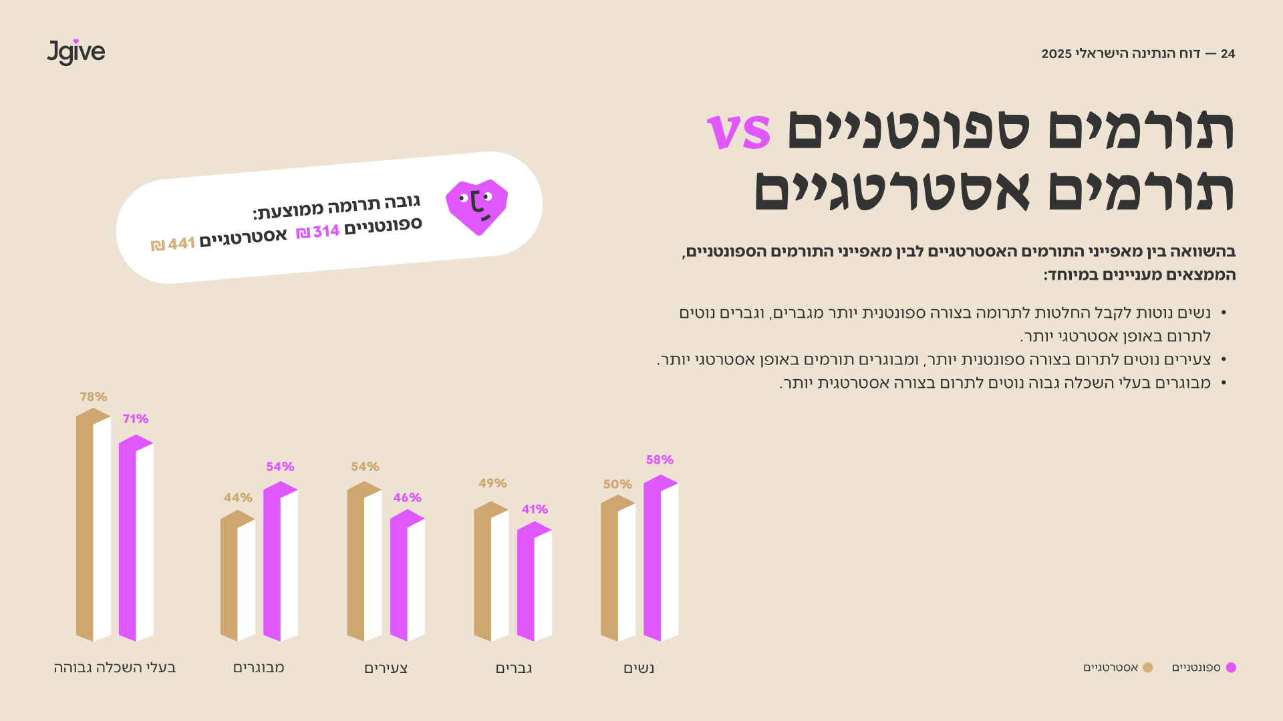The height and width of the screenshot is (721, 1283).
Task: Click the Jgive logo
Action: pyautogui.click(x=76, y=52)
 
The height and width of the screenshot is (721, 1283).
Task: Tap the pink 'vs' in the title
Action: pyautogui.click(x=738, y=131)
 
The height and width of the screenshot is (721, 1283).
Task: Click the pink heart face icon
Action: pyautogui.click(x=476, y=207)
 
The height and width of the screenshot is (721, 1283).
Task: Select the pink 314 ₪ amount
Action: pyautogui.click(x=318, y=232)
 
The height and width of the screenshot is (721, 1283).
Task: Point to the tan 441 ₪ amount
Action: pyautogui.click(x=173, y=244)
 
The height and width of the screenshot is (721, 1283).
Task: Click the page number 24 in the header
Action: pyautogui.click(x=1228, y=53)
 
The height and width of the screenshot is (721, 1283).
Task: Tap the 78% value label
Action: pyautogui.click(x=94, y=397)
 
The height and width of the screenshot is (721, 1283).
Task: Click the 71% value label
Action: pyautogui.click(x=136, y=419)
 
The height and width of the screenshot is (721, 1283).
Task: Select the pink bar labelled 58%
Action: pyautogui.click(x=661, y=558)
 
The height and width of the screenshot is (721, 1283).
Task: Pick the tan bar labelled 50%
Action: pyautogui.click(x=618, y=568)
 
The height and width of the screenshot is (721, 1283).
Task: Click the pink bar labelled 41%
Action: pyautogui.click(x=535, y=581)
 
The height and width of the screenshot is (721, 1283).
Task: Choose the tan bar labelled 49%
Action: pyautogui.click(x=491, y=571)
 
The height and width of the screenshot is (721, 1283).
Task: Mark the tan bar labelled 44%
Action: pyautogui.click(x=238, y=575)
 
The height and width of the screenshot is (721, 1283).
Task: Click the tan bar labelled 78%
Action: pyautogui.click(x=94, y=525)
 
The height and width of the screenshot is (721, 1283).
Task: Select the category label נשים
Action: pyautogui.click(x=639, y=668)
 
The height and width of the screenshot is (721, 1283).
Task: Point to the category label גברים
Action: pyautogui.click(x=514, y=668)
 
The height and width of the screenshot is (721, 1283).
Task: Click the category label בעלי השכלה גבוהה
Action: pyautogui.click(x=115, y=668)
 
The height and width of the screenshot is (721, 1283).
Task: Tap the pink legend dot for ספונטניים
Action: pyautogui.click(x=1231, y=668)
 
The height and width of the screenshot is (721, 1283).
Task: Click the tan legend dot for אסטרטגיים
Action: pyautogui.click(x=1148, y=668)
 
